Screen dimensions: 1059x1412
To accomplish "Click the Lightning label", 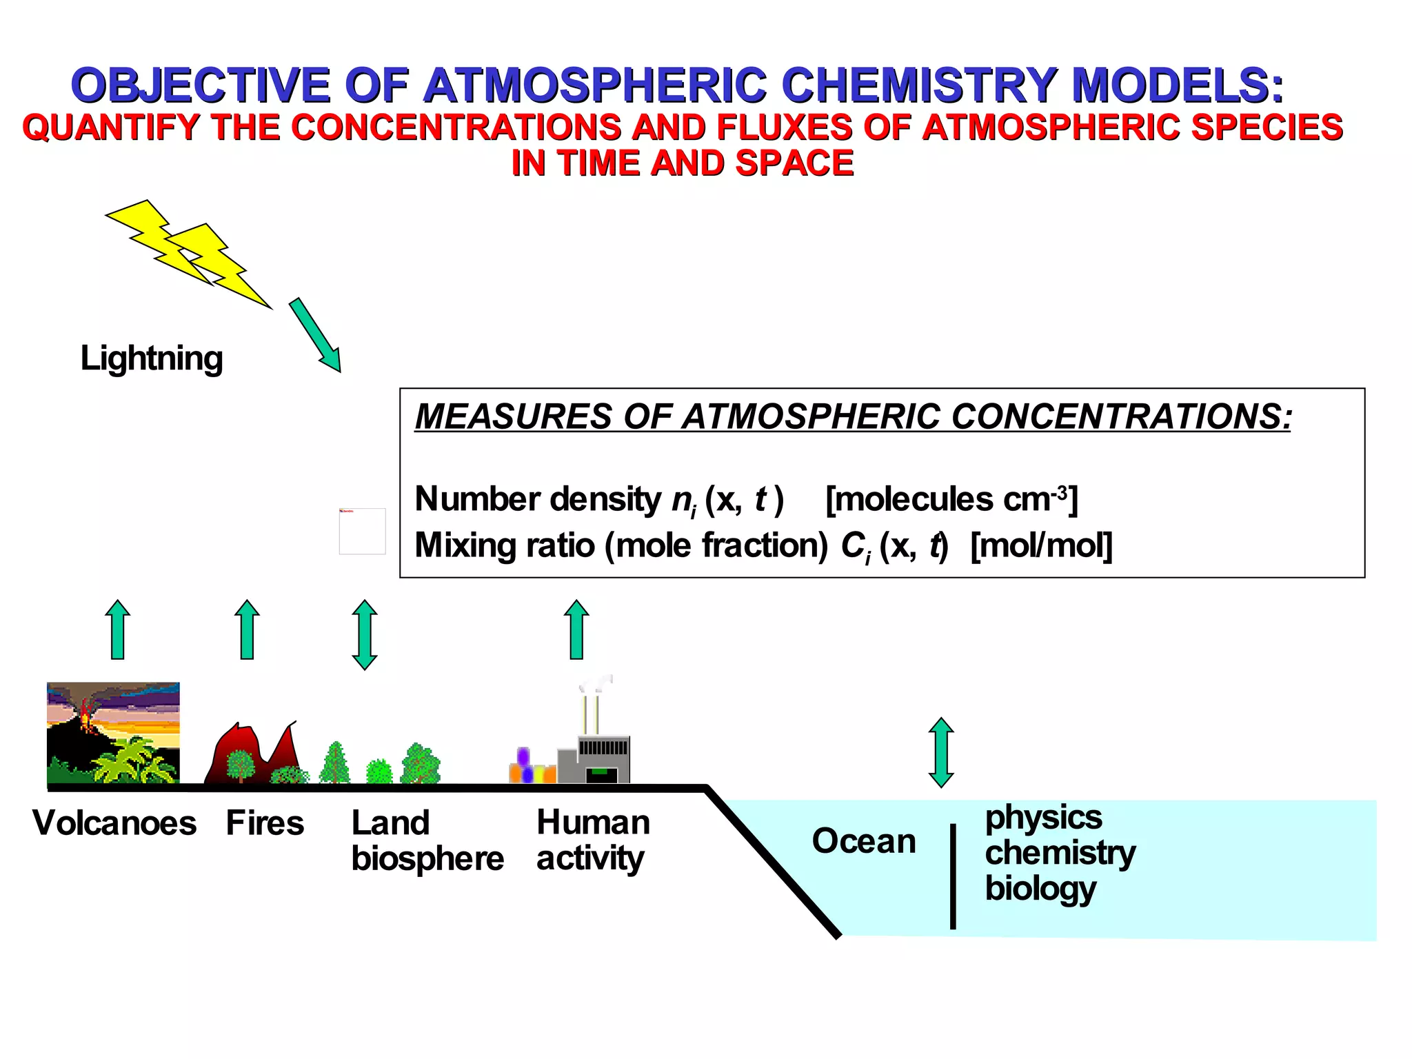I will [x=152, y=359].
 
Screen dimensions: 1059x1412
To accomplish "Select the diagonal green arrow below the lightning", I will [x=315, y=335].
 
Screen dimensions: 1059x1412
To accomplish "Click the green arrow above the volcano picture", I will [x=118, y=629].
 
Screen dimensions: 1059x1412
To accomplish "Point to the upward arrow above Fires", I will [x=247, y=629].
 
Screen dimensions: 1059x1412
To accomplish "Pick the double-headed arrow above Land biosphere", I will [x=365, y=634].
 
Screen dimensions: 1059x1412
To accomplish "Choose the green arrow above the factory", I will [x=576, y=629].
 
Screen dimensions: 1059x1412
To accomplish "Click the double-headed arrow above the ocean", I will [x=941, y=752].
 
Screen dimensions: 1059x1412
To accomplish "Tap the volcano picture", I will [x=113, y=733].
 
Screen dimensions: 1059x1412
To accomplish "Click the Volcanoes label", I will [x=114, y=823].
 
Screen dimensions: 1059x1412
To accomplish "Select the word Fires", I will [x=265, y=823].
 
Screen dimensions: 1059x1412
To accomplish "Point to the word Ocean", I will [x=864, y=841].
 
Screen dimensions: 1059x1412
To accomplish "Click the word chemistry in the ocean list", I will [x=1060, y=854].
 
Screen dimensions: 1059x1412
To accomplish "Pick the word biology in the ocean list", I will [x=1040, y=889].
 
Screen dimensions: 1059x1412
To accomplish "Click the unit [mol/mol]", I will [x=1041, y=545].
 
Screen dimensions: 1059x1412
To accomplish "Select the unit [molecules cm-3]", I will [x=951, y=499].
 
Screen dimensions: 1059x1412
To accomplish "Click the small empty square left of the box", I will [x=362, y=532].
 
